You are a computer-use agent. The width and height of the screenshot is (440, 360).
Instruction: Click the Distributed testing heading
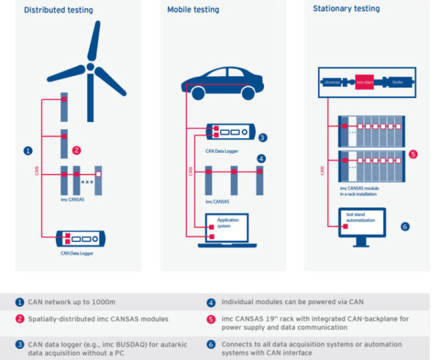(59, 10)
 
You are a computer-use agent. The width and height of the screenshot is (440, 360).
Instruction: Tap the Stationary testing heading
(346, 9)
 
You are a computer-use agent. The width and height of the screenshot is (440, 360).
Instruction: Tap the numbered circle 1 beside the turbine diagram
(28, 151)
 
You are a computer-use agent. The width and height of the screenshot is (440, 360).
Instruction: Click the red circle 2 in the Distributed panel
(77, 151)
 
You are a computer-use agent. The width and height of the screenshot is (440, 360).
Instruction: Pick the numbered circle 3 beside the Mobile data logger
(263, 138)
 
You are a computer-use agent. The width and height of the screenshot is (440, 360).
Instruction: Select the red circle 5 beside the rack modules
(413, 154)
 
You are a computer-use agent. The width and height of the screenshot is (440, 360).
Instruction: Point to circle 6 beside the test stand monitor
(405, 227)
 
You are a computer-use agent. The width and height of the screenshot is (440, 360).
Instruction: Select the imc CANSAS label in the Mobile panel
(217, 201)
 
